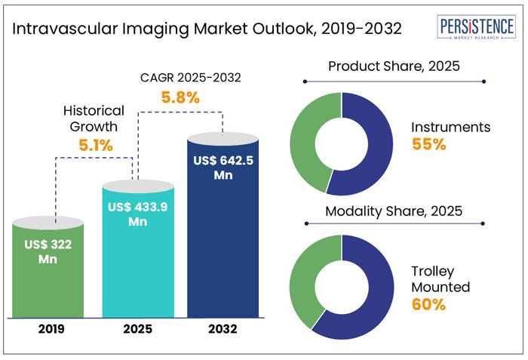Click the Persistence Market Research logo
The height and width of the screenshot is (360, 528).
click(477, 28)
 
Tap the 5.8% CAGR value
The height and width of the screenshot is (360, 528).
click(180, 97)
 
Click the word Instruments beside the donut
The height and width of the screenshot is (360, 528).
click(450, 127)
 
